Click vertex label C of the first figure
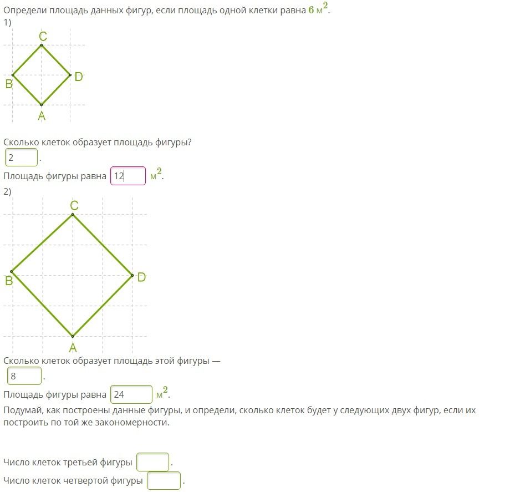click(x=43, y=36)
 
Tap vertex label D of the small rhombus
click(x=79, y=77)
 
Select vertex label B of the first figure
click(x=9, y=84)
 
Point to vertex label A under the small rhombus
click(x=42, y=116)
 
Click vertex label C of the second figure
click(x=74, y=206)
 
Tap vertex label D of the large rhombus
click(x=141, y=277)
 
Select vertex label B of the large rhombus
click(x=9, y=281)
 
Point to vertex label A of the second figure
click(x=73, y=348)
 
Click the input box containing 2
click(x=21, y=157)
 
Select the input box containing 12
click(x=128, y=176)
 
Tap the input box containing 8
click(x=24, y=376)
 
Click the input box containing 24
click(x=131, y=394)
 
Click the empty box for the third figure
click(x=152, y=462)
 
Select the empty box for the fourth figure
click(x=164, y=480)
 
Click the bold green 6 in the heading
click(x=312, y=10)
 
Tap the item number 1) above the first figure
click(x=7, y=22)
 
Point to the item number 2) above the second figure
click(x=7, y=191)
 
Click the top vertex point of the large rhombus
click(x=73, y=215)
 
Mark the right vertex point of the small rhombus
click(x=70, y=75)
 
